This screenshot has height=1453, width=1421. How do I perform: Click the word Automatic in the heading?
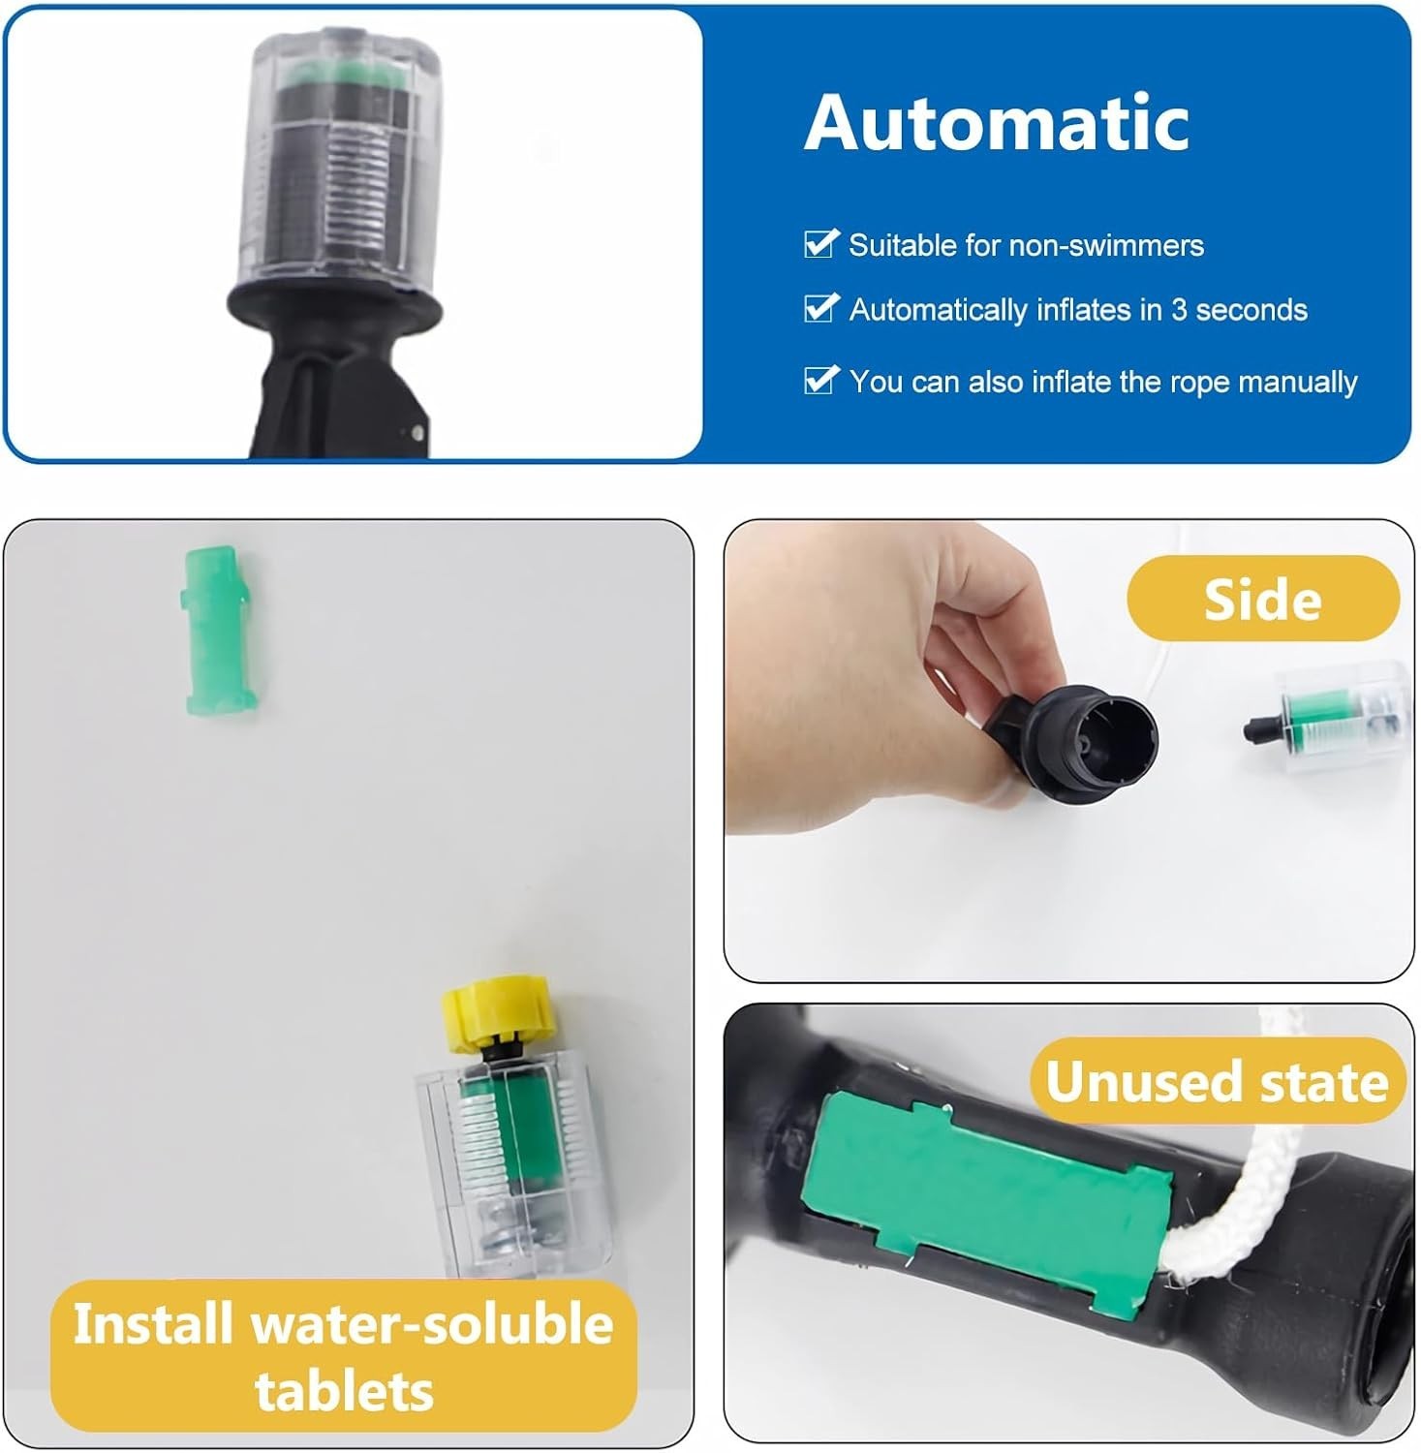997,123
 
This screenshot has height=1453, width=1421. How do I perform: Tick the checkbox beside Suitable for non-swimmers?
820,243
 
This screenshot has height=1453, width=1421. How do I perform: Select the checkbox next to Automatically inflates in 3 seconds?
820,307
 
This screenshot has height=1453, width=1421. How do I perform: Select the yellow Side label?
1263,599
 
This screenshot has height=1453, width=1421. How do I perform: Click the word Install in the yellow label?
152,1323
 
